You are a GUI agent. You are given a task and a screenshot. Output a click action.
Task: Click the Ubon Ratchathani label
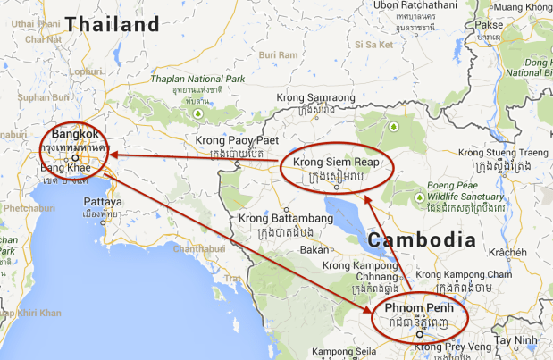tap(411, 5)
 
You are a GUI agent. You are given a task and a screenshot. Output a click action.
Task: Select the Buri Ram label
tap(273, 54)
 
